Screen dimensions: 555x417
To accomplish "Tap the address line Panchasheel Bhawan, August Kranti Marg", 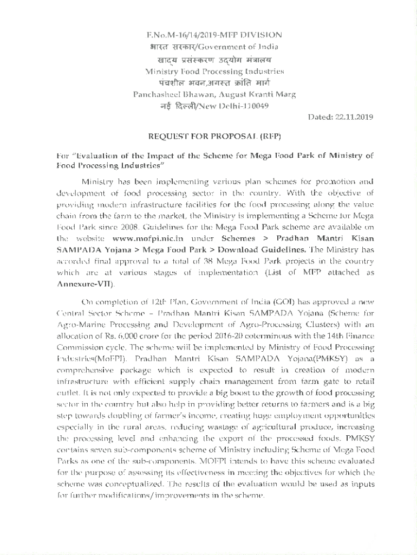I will coord(214,94).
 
